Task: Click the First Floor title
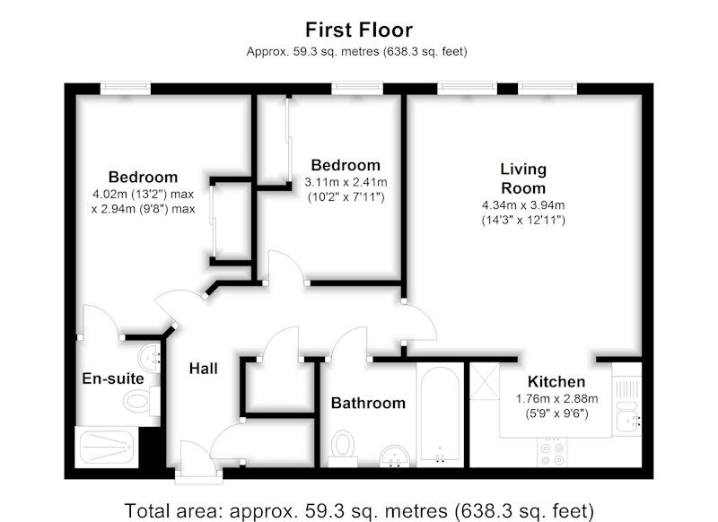[x=359, y=30]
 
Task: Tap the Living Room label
[x=523, y=178]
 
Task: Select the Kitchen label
[x=556, y=381]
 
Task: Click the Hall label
[x=204, y=369]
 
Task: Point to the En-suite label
[x=113, y=378]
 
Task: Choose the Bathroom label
[x=368, y=403]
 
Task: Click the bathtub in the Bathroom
[x=440, y=414]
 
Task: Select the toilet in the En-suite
[x=138, y=401]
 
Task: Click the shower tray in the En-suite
[x=106, y=447]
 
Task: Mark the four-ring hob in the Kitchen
[x=551, y=452]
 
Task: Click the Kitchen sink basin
[x=626, y=421]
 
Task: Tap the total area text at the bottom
[x=359, y=510]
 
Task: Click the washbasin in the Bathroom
[x=394, y=456]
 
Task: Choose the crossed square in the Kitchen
[x=485, y=381]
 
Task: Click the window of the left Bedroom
[x=126, y=88]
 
